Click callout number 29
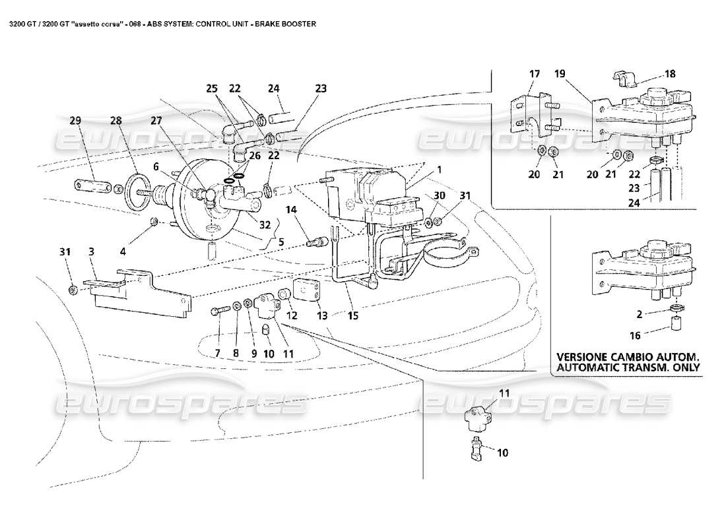tap(75, 121)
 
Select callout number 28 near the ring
tap(117, 121)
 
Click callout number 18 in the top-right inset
tap(671, 75)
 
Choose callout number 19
tap(559, 75)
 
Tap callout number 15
tap(353, 316)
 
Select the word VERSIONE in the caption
tap(587, 355)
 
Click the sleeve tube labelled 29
tap(91, 185)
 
